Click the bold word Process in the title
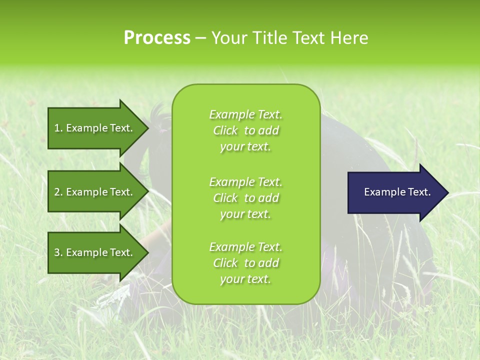pyautogui.click(x=157, y=38)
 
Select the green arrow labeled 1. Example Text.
pyautogui.click(x=95, y=128)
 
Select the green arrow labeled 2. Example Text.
pyautogui.click(x=95, y=192)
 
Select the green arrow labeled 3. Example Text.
pyautogui.click(x=95, y=252)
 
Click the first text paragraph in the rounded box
pyautogui.click(x=245, y=130)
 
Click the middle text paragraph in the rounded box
pyautogui.click(x=245, y=198)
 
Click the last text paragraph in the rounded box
pyautogui.click(x=245, y=263)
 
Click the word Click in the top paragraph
pyautogui.click(x=225, y=130)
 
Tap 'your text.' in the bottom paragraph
pyautogui.click(x=245, y=279)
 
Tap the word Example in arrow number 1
pyautogui.click(x=86, y=128)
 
